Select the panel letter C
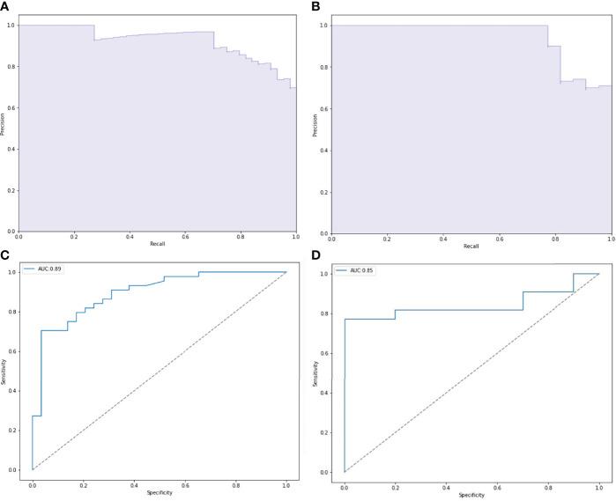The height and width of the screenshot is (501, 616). (5, 255)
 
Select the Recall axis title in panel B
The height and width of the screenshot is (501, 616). (471, 246)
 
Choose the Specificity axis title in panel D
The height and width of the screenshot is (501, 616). (471, 494)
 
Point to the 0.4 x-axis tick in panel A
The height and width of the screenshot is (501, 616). (130, 238)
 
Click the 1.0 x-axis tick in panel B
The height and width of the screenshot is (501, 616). (610, 238)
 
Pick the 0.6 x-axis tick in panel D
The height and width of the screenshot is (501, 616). (497, 485)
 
